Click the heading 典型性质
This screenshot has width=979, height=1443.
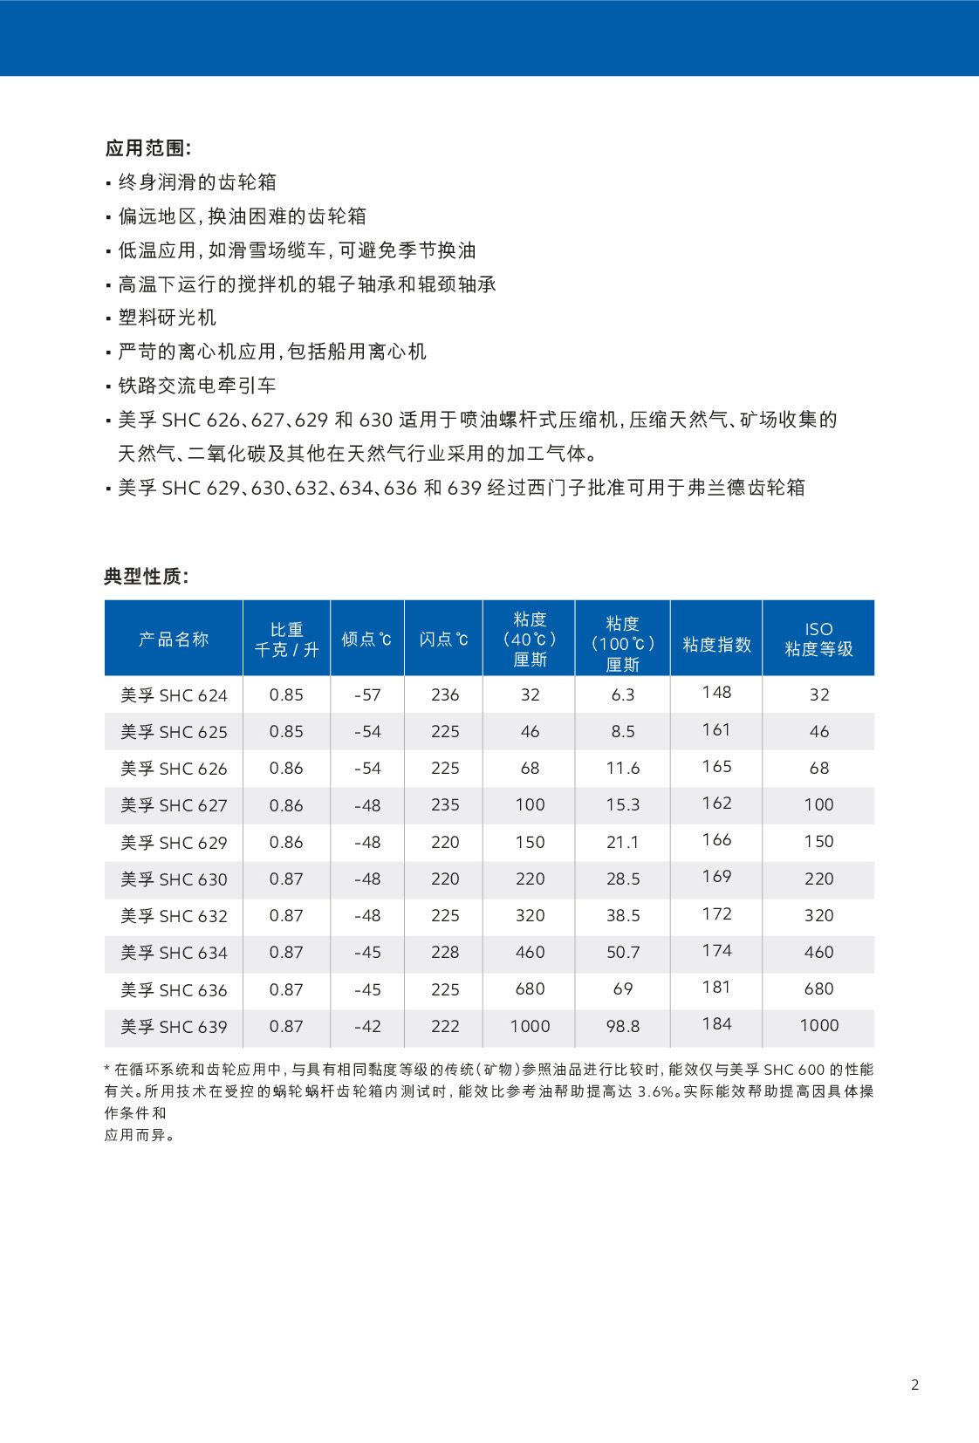point(146,577)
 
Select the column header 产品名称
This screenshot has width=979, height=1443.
point(174,639)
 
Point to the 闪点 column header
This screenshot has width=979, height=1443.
point(443,639)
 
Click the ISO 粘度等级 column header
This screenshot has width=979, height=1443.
point(818,639)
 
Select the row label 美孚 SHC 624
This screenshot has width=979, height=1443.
point(174,695)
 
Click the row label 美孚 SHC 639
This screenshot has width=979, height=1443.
point(174,1027)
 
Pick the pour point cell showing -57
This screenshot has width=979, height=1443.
point(367,695)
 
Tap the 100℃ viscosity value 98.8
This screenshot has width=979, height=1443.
point(623,1027)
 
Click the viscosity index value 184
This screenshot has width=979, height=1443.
point(716,1024)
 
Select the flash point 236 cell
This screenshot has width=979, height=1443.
point(445,695)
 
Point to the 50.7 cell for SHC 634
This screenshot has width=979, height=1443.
point(623,953)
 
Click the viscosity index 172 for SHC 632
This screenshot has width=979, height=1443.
point(716,913)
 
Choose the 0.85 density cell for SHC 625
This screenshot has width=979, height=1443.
point(286,732)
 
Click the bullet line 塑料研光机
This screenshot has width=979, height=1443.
point(168,318)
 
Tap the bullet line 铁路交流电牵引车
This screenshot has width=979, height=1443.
point(197,386)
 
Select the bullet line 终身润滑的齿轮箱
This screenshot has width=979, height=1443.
point(197,182)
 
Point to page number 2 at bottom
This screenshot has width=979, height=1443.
point(914,1385)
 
